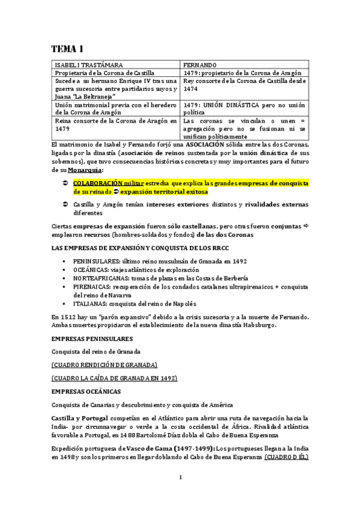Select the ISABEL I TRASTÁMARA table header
(89, 64)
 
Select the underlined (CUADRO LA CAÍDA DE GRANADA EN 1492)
(114, 378)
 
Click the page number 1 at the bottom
(180, 478)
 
